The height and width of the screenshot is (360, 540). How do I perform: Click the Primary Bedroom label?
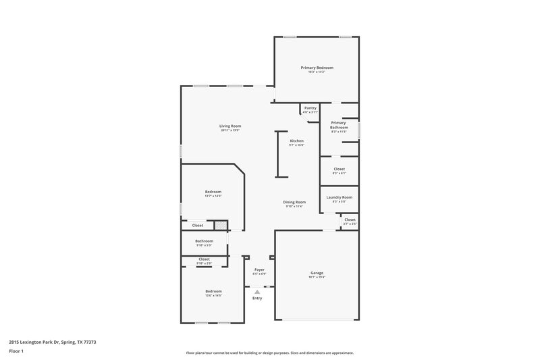point(317,68)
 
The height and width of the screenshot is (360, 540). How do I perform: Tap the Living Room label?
point(230,126)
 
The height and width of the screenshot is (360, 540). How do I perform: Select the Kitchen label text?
point(297,140)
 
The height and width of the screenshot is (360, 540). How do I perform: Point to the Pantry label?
point(310,108)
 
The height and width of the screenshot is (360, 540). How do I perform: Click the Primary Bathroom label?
point(339,125)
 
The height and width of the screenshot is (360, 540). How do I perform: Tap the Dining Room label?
point(294,202)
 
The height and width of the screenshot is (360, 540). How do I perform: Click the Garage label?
point(317,273)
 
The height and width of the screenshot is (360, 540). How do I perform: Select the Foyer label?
point(259,270)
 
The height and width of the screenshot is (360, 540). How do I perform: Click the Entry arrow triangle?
point(257,291)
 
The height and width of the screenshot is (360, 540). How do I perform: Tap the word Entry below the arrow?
point(257,298)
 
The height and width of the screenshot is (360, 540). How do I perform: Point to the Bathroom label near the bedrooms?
point(204,241)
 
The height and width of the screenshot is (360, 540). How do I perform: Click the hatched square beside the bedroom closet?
point(219,225)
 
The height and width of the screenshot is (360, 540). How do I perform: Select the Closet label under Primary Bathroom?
point(339,169)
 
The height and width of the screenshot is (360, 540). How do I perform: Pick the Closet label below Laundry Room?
point(350,220)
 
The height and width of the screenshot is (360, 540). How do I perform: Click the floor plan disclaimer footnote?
point(270,353)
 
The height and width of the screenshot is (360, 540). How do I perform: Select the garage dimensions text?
point(317,277)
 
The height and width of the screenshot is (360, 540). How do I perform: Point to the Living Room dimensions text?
point(230,130)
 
